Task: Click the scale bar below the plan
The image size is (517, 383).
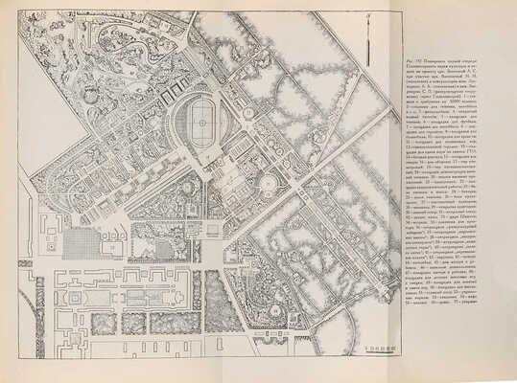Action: pos(368,350)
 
